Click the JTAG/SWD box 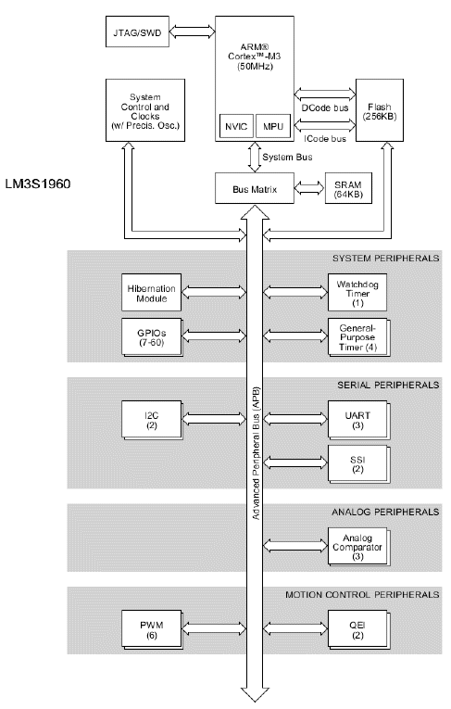[137, 32]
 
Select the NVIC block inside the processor [235, 126]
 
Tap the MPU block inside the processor [273, 126]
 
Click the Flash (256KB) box [380, 110]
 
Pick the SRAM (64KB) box [348, 188]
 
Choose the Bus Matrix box [255, 188]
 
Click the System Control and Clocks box [145, 110]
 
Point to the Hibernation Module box [151, 292]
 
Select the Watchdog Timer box [357, 292]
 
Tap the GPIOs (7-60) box [152, 337]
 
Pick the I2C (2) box [152, 421]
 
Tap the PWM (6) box [152, 630]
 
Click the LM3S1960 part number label [38, 184]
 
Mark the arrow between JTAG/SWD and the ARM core [192, 32]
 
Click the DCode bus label [325, 108]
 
